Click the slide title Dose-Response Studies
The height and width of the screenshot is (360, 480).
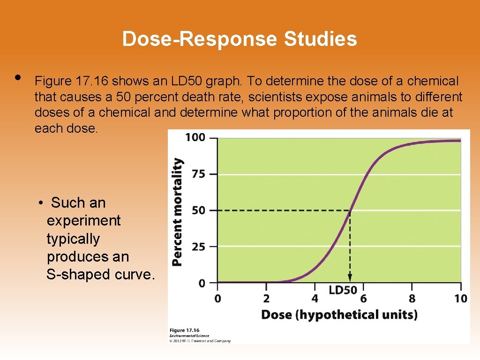click(240, 39)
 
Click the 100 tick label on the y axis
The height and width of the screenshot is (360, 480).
click(195, 137)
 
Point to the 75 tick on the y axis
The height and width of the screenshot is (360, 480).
click(198, 174)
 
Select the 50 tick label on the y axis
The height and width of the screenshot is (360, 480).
click(198, 210)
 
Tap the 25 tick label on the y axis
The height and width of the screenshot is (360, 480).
click(198, 247)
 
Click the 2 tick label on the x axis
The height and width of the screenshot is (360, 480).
click(266, 299)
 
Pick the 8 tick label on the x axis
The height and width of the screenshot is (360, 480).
click(412, 299)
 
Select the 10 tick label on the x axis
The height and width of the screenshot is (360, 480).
click(460, 299)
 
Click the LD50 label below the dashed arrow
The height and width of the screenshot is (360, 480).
click(343, 290)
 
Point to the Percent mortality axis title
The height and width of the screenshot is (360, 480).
click(177, 212)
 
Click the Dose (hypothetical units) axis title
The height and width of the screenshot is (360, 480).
click(339, 314)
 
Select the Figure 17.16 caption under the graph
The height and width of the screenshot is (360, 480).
click(184, 330)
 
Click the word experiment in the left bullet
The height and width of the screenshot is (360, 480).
click(83, 220)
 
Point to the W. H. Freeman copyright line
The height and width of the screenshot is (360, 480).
click(200, 341)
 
